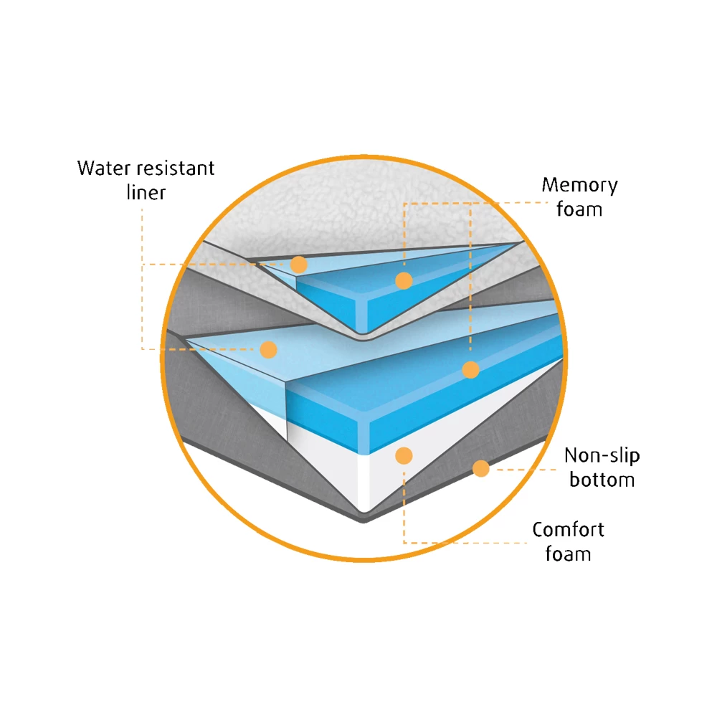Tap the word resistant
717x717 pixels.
[x=176, y=168]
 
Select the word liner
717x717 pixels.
[x=146, y=192]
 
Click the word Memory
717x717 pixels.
[x=579, y=185]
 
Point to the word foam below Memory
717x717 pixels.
[x=579, y=209]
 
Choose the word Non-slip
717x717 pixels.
[x=602, y=455]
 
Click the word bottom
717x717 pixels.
[x=602, y=479]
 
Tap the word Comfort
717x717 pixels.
[x=568, y=530]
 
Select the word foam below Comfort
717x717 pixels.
[x=568, y=554]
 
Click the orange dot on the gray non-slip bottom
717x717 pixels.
[x=481, y=468]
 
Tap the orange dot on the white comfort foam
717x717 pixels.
[x=404, y=455]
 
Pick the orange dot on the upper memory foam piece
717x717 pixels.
[x=404, y=280]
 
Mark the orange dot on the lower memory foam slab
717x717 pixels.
[x=470, y=370]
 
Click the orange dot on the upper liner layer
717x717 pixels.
[x=299, y=264]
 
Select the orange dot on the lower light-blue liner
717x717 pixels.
[x=268, y=349]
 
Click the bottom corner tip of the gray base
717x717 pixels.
[x=364, y=518]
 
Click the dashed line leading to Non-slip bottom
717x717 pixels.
[x=523, y=470]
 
